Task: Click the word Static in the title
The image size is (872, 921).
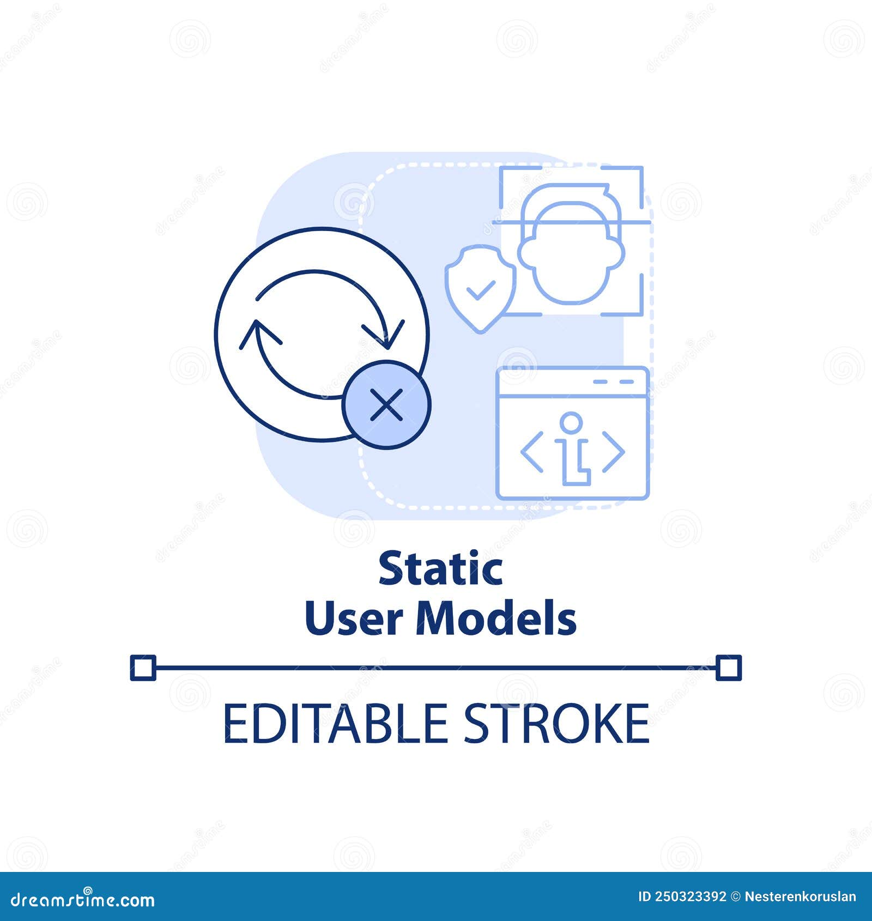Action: tap(440, 568)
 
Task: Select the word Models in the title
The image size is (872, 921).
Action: tap(496, 619)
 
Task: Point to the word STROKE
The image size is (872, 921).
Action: tap(556, 724)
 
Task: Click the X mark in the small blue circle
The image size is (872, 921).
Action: tap(386, 405)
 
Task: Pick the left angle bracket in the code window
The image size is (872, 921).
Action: tap(532, 452)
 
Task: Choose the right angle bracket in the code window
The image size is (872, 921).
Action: tap(613, 452)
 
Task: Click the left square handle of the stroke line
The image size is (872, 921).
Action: tap(143, 668)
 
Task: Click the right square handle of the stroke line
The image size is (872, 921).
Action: tap(729, 668)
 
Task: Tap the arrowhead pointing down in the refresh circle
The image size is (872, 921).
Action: tap(384, 334)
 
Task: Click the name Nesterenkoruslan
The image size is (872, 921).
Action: tap(800, 897)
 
